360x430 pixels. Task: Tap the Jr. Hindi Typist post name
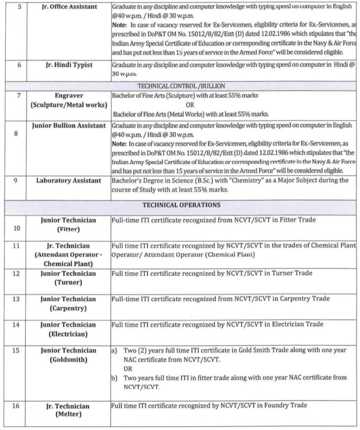pyautogui.click(x=69, y=66)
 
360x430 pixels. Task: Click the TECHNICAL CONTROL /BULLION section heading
pyautogui.click(x=181, y=85)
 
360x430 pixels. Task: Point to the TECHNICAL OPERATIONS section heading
pyautogui.click(x=181, y=205)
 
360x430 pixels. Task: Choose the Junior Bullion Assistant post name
pyautogui.click(x=69, y=126)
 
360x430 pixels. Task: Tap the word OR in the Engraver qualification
pyautogui.click(x=190, y=105)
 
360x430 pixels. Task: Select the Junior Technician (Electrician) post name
pyautogui.click(x=68, y=329)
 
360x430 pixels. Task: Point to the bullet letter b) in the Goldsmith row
pyautogui.click(x=114, y=378)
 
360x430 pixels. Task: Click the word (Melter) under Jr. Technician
pyautogui.click(x=68, y=415)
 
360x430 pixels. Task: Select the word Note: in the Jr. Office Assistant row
pyautogui.click(x=120, y=26)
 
